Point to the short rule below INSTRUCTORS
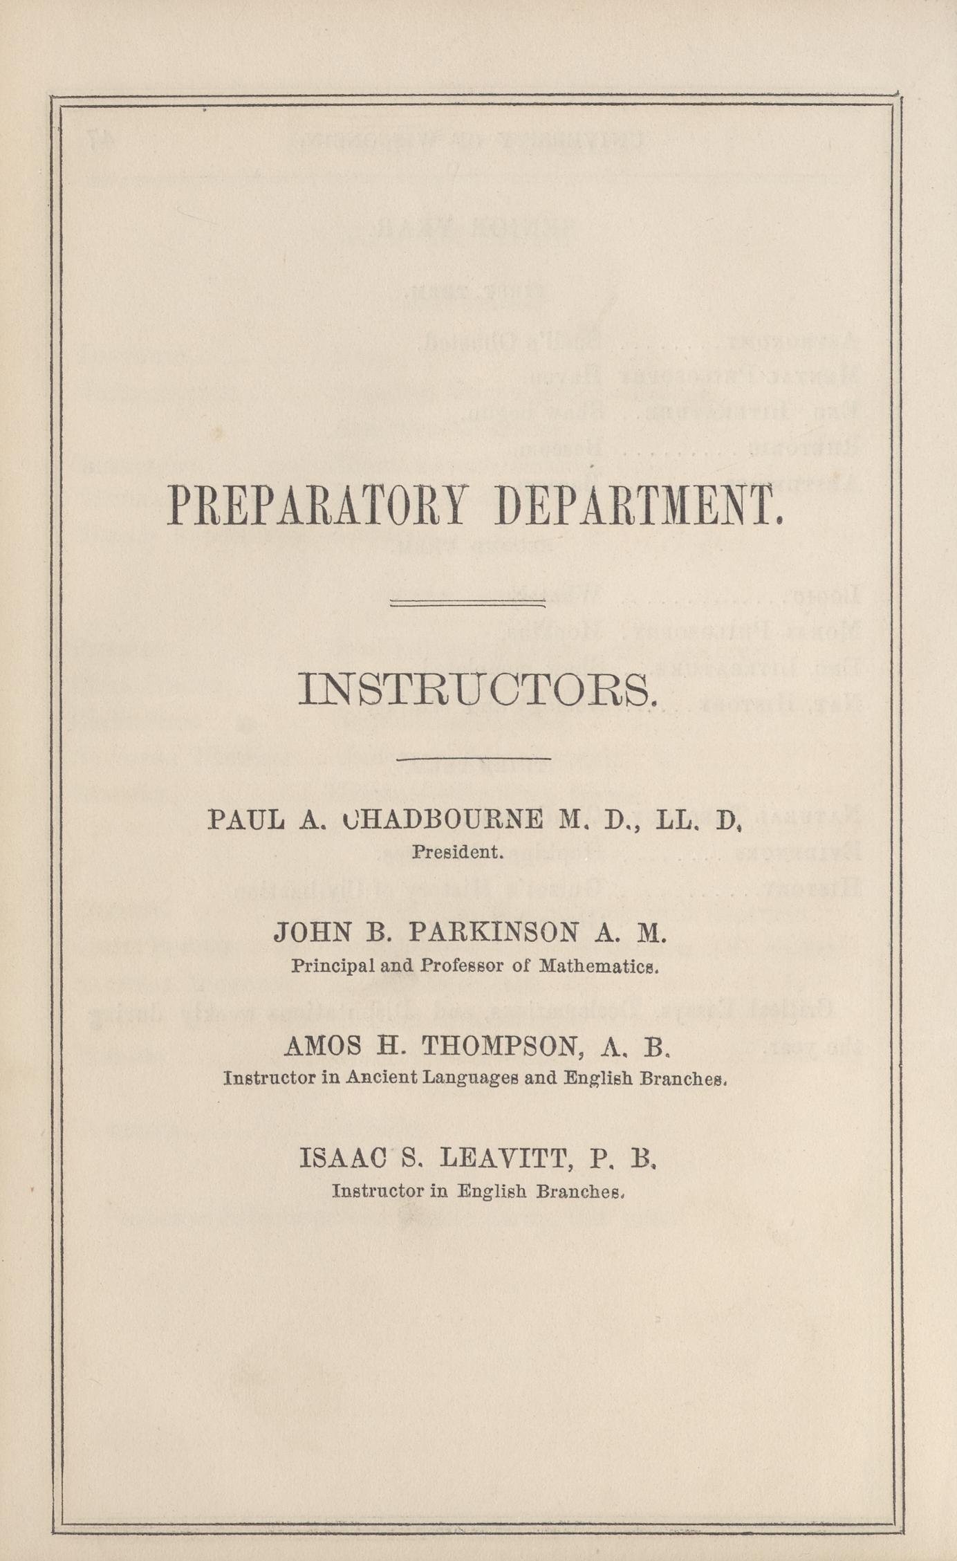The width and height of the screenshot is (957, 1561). [x=474, y=759]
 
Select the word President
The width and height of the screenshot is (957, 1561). [x=457, y=852]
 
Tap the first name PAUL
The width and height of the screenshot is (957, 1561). [x=246, y=820]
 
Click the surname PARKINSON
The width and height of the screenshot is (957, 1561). [x=493, y=933]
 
